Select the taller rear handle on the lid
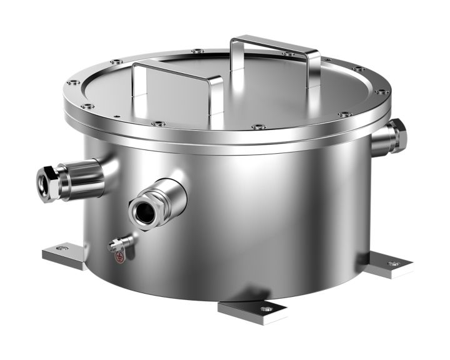275,46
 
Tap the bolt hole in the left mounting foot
61,248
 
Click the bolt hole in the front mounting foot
266,307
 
